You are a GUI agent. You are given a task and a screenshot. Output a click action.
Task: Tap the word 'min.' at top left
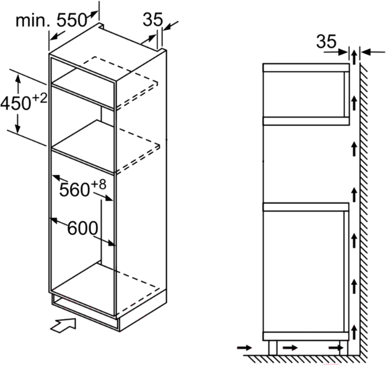[33, 21]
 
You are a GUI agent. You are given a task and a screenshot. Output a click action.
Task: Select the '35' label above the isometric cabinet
[153, 19]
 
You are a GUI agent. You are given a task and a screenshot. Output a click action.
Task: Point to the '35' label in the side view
[326, 41]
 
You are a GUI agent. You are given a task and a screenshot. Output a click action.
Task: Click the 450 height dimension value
[16, 103]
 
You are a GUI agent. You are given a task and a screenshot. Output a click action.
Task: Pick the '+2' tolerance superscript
[40, 99]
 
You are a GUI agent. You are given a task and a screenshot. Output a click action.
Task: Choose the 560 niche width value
[74, 190]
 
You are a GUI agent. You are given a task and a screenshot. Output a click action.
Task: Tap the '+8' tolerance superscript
[98, 184]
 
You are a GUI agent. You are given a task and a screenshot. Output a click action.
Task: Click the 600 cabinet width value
[83, 228]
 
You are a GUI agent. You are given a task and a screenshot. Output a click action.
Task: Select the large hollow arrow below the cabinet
[63, 325]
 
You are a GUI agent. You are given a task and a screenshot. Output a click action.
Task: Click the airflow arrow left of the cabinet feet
[244, 348]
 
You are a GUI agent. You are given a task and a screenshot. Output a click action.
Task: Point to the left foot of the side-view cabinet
[273, 348]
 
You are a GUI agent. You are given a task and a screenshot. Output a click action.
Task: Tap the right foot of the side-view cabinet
[343, 348]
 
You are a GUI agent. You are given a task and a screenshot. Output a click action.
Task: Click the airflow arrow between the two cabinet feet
[290, 348]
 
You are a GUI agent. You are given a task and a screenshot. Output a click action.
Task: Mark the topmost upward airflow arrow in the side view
[354, 57]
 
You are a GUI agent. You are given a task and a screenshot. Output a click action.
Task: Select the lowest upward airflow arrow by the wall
[354, 332]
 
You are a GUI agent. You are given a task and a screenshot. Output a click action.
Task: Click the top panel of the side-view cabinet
[306, 68]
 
